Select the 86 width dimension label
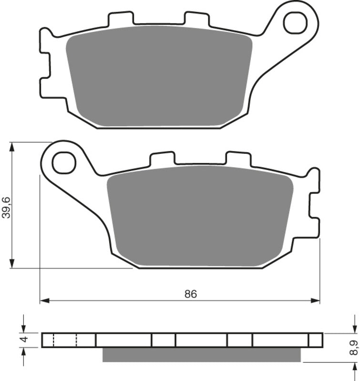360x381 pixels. [x=191, y=294]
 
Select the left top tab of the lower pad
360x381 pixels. [x=162, y=159]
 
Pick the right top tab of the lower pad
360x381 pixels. [x=237, y=159]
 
